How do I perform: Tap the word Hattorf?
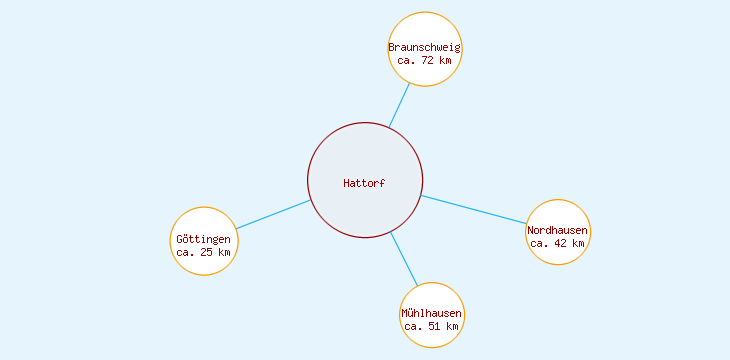pyautogui.click(x=364, y=183)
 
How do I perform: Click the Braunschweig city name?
pyautogui.click(x=425, y=47)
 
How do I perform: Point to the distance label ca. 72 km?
pyautogui.click(x=425, y=60)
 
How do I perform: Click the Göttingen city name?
pyautogui.click(x=204, y=240)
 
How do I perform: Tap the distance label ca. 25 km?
pyautogui.click(x=204, y=253)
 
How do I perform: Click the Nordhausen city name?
pyautogui.click(x=558, y=231)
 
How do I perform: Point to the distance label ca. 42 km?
pyautogui.click(x=558, y=243)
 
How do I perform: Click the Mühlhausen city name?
pyautogui.click(x=432, y=313)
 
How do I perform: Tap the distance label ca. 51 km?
pyautogui.click(x=432, y=326)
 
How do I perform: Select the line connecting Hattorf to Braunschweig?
pyautogui.click(x=399, y=105)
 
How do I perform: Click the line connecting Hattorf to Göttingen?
pyautogui.click(x=273, y=214)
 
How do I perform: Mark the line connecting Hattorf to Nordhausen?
pyautogui.click(x=475, y=210)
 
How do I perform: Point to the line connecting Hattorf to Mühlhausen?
pyautogui.click(x=403, y=259)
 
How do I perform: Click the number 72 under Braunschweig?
pyautogui.click(x=428, y=60)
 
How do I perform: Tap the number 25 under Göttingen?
pyautogui.click(x=207, y=253)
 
